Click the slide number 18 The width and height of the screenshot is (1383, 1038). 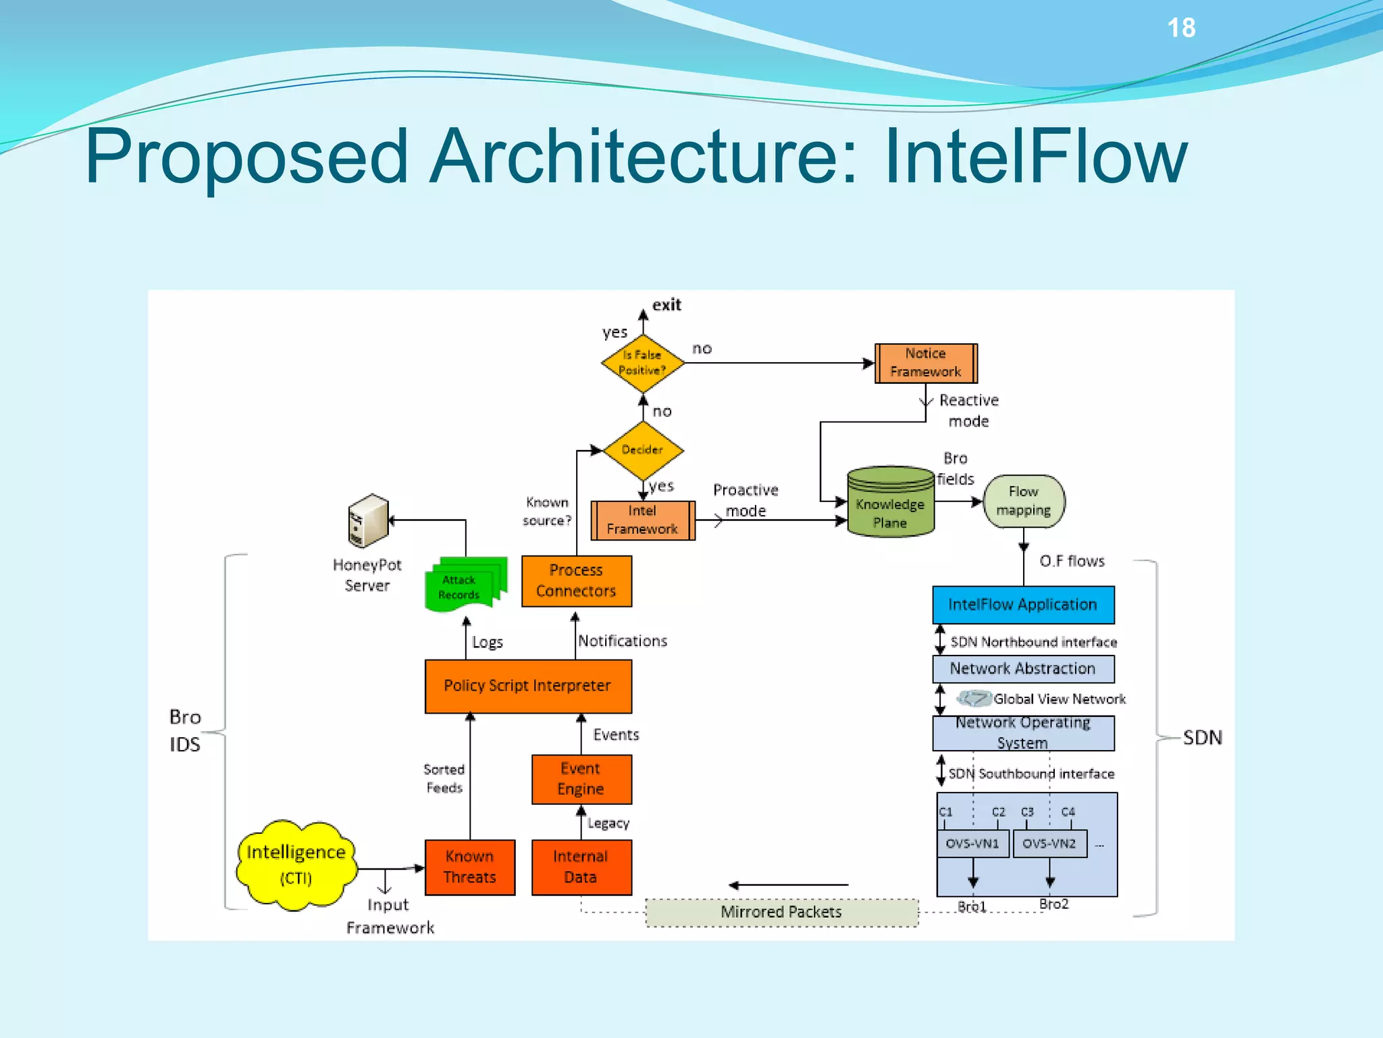pos(1181,28)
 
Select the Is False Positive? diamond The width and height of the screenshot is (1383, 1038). pos(642,363)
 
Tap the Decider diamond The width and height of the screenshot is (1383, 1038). pos(642,450)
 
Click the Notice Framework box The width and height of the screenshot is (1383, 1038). pos(925,363)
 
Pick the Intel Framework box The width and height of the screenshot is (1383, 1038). pos(642,520)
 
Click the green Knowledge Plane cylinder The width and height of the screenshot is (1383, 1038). pos(890,504)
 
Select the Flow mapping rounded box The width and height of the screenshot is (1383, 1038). pos(1023,501)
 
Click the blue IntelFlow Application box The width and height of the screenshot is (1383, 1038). pos(1022,604)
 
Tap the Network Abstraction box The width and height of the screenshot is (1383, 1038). pos(1022,668)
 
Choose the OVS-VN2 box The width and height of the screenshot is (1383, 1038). pos(1049,843)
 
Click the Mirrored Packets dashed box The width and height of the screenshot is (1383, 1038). pos(781,912)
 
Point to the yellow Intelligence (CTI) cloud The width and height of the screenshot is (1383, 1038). pos(296,864)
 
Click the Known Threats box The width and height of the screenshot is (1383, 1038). pos(469,867)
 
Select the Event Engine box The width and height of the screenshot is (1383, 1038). pos(581,779)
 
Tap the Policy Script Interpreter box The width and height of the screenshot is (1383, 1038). pos(527,686)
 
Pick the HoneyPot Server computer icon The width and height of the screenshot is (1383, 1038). pos(367,520)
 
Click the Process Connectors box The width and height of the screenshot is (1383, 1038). pos(576,580)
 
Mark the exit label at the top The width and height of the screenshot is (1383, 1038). pos(667,305)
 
